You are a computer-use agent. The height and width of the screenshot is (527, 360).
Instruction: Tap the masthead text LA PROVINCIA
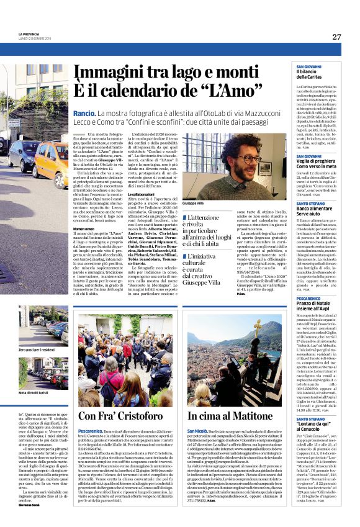(29, 34)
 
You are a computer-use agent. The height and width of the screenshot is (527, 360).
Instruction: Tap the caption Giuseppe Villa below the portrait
(192, 203)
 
